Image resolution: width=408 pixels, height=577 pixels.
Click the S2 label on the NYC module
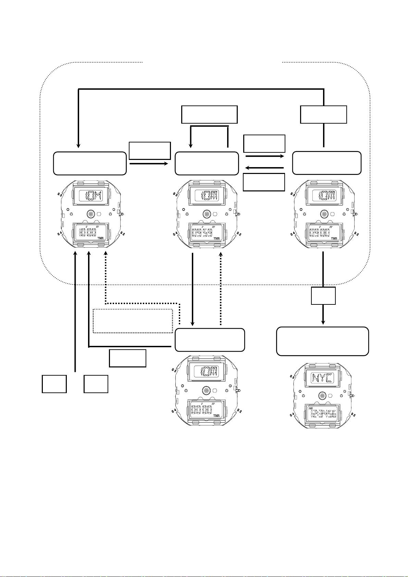point(353,414)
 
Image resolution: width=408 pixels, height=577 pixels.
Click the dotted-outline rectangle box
point(133,321)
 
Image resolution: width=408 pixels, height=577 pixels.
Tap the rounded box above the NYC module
point(322,341)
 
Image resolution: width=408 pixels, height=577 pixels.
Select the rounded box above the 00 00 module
point(210,340)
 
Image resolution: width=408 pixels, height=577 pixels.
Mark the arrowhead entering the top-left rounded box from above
point(78,146)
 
